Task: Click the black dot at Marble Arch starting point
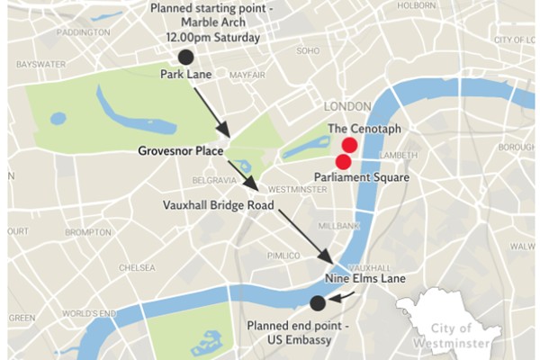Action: click(x=185, y=57)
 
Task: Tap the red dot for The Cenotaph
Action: click(x=349, y=145)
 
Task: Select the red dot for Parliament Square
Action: click(x=343, y=162)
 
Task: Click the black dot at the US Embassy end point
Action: click(x=317, y=302)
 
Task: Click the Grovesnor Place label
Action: click(x=181, y=150)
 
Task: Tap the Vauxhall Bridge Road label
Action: click(x=219, y=204)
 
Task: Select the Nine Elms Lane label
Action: click(x=365, y=280)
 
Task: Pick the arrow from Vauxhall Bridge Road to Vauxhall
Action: click(x=307, y=236)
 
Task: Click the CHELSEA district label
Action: click(x=137, y=267)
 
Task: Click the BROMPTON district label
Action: click(x=88, y=231)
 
